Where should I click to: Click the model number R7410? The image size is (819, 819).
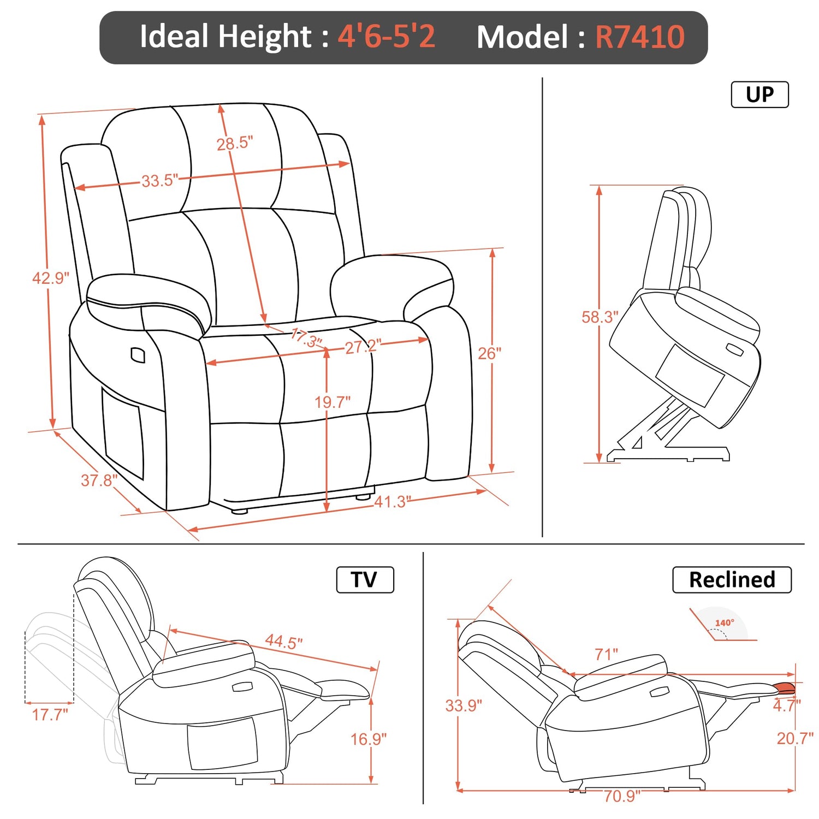(x=639, y=37)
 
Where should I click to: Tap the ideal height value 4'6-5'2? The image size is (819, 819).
(x=387, y=37)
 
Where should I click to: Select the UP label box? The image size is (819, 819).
(x=759, y=94)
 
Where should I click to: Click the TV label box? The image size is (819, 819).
(x=365, y=579)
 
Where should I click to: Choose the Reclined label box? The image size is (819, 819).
(x=732, y=579)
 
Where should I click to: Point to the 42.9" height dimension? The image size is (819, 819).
(x=51, y=278)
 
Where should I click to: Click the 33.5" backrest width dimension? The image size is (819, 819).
(x=160, y=180)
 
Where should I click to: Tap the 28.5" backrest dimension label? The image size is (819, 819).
(x=235, y=143)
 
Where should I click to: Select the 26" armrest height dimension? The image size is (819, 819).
(x=489, y=354)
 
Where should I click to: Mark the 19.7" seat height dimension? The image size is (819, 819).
(x=333, y=402)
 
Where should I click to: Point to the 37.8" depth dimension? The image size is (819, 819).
(x=99, y=480)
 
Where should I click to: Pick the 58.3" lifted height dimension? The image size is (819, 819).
(x=600, y=317)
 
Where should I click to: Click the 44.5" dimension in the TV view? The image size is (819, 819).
(x=284, y=641)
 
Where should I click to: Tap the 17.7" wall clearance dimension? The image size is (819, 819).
(x=50, y=714)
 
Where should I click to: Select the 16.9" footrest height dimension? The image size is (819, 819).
(x=369, y=739)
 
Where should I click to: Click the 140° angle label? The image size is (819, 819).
(x=725, y=622)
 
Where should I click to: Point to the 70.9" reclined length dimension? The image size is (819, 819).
(x=622, y=796)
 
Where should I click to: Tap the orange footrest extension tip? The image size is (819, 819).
(x=785, y=688)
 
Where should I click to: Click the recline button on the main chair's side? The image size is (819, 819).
(x=138, y=355)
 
